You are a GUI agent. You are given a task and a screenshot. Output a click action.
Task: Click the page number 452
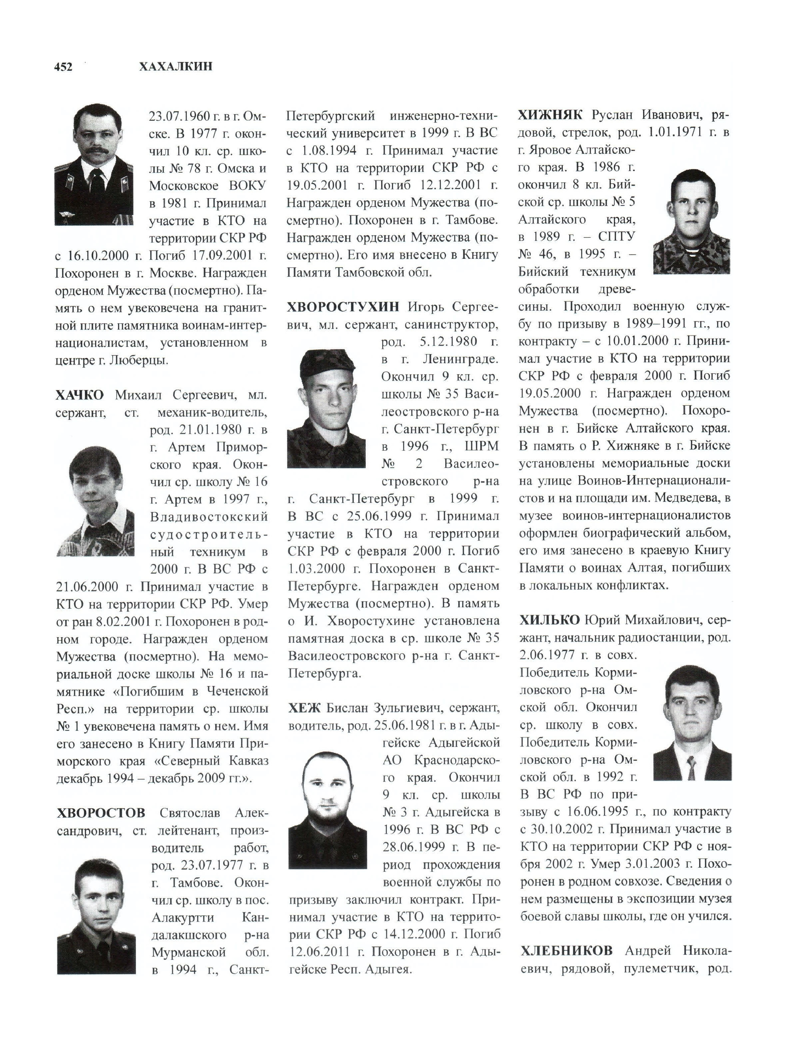point(63,67)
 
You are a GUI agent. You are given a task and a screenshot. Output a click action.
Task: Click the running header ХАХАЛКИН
point(176,67)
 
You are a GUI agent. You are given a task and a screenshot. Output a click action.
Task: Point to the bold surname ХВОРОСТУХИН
point(343,307)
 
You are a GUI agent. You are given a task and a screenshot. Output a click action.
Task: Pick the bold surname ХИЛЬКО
point(549,620)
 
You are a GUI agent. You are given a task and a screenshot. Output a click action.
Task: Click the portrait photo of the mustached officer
point(94,165)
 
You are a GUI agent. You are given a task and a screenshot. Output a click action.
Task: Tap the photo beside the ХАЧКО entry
point(95,501)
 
